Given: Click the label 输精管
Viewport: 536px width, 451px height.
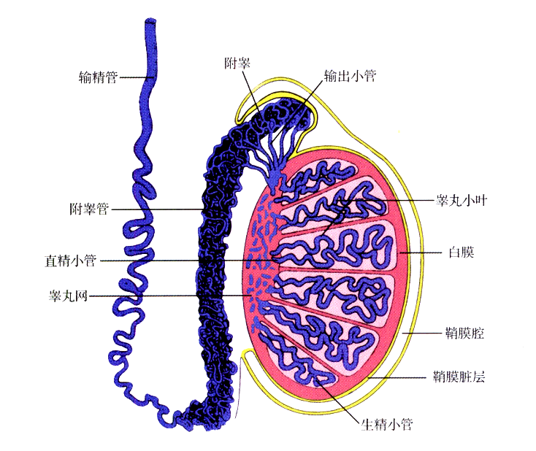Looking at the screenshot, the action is (x=99, y=75).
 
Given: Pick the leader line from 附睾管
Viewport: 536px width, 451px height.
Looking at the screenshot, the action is (x=161, y=210).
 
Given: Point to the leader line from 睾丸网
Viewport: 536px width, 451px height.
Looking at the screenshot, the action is (x=168, y=296).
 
